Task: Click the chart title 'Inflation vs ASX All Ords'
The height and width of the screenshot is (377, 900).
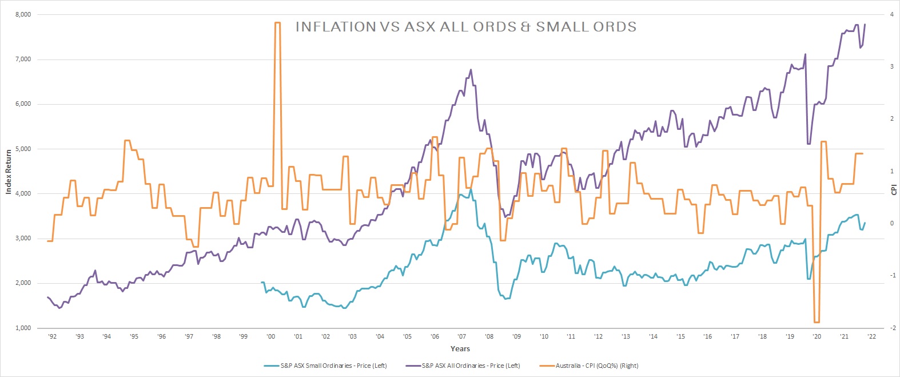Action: pos(465,27)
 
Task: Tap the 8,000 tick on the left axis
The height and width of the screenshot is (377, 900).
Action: pos(23,15)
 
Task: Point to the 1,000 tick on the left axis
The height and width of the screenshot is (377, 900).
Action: pos(23,328)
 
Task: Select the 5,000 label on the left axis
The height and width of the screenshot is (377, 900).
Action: pos(23,149)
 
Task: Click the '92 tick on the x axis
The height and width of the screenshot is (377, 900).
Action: pos(52,336)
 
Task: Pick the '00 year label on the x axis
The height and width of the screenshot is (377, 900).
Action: pos(270,336)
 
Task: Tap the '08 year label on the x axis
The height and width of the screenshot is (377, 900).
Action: pos(489,336)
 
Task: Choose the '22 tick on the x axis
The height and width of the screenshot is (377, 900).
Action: pos(871,336)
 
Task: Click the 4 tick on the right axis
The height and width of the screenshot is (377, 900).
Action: pos(891,15)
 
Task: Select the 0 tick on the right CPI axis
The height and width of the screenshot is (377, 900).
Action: pos(891,224)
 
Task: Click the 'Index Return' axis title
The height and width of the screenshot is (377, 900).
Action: pos(9,172)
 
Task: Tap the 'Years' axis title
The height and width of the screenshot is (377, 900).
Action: pos(460,348)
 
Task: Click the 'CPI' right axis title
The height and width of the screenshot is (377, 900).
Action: pos(894,189)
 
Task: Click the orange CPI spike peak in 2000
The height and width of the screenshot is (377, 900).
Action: pos(277,23)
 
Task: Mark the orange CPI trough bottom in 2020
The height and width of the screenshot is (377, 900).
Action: pos(817,322)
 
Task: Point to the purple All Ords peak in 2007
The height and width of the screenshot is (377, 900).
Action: pos(471,70)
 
